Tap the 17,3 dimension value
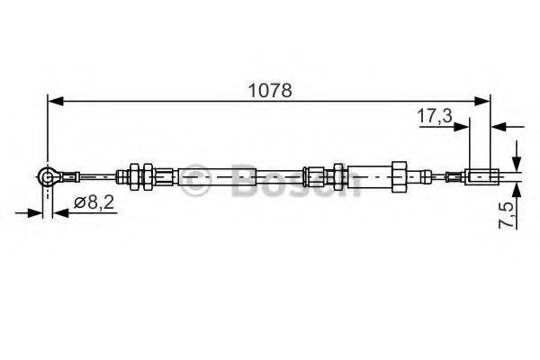[x=436, y=116]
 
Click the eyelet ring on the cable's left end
[x=48, y=178]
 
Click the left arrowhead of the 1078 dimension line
[x=54, y=102]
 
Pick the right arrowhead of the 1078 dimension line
[x=484, y=102]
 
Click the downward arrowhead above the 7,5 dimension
[x=517, y=160]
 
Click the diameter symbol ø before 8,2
[x=78, y=203]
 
